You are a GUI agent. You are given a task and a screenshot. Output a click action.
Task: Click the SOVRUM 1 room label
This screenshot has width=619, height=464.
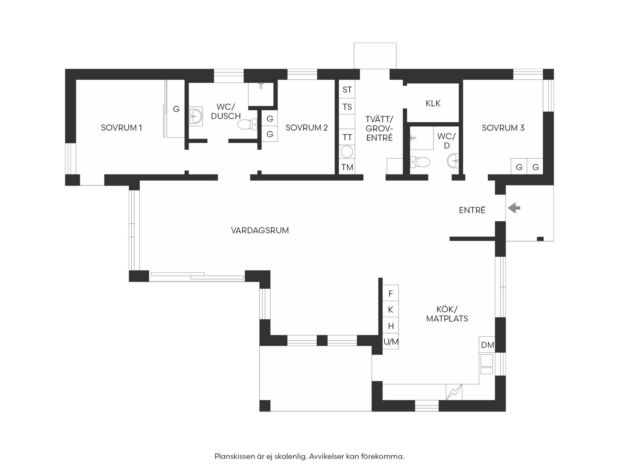coord(121,128)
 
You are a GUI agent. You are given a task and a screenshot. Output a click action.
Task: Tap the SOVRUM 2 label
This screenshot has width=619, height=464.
coord(306,128)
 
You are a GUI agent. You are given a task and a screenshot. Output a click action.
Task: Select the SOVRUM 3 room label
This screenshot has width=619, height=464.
coord(503,128)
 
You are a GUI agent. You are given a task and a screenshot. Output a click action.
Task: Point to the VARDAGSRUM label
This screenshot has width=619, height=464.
coord(260,230)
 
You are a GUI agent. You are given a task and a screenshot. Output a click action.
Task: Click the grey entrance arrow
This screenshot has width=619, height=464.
coord(514,208)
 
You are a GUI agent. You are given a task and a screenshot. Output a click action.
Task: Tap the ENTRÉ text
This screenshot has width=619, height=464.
coord(472,210)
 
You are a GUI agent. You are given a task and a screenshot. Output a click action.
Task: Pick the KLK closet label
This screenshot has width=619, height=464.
coord(433,103)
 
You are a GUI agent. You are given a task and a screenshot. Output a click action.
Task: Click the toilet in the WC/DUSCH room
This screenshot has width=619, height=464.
coord(247,124)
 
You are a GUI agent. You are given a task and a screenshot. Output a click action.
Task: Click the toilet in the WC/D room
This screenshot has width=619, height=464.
coord(420,162)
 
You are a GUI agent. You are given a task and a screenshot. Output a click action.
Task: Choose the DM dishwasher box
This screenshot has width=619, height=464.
coord(487,345)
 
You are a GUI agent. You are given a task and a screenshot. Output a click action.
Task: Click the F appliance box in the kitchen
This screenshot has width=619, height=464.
coord(391,293)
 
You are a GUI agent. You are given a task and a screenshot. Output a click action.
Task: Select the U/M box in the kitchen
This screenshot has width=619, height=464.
coord(391,342)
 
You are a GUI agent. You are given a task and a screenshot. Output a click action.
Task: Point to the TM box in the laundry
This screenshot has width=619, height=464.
coord(347,167)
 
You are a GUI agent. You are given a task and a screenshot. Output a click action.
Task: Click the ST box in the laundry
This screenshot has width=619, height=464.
coord(347,90)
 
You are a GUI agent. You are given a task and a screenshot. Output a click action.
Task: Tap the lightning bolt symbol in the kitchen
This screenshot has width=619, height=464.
coord(454,392)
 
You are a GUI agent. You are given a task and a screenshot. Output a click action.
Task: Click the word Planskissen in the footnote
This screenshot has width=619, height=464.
coord(235,456)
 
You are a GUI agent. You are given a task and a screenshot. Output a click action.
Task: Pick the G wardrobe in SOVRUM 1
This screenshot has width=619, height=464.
coord(176,109)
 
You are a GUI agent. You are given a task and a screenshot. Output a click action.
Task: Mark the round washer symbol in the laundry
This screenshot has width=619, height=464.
coord(347,152)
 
